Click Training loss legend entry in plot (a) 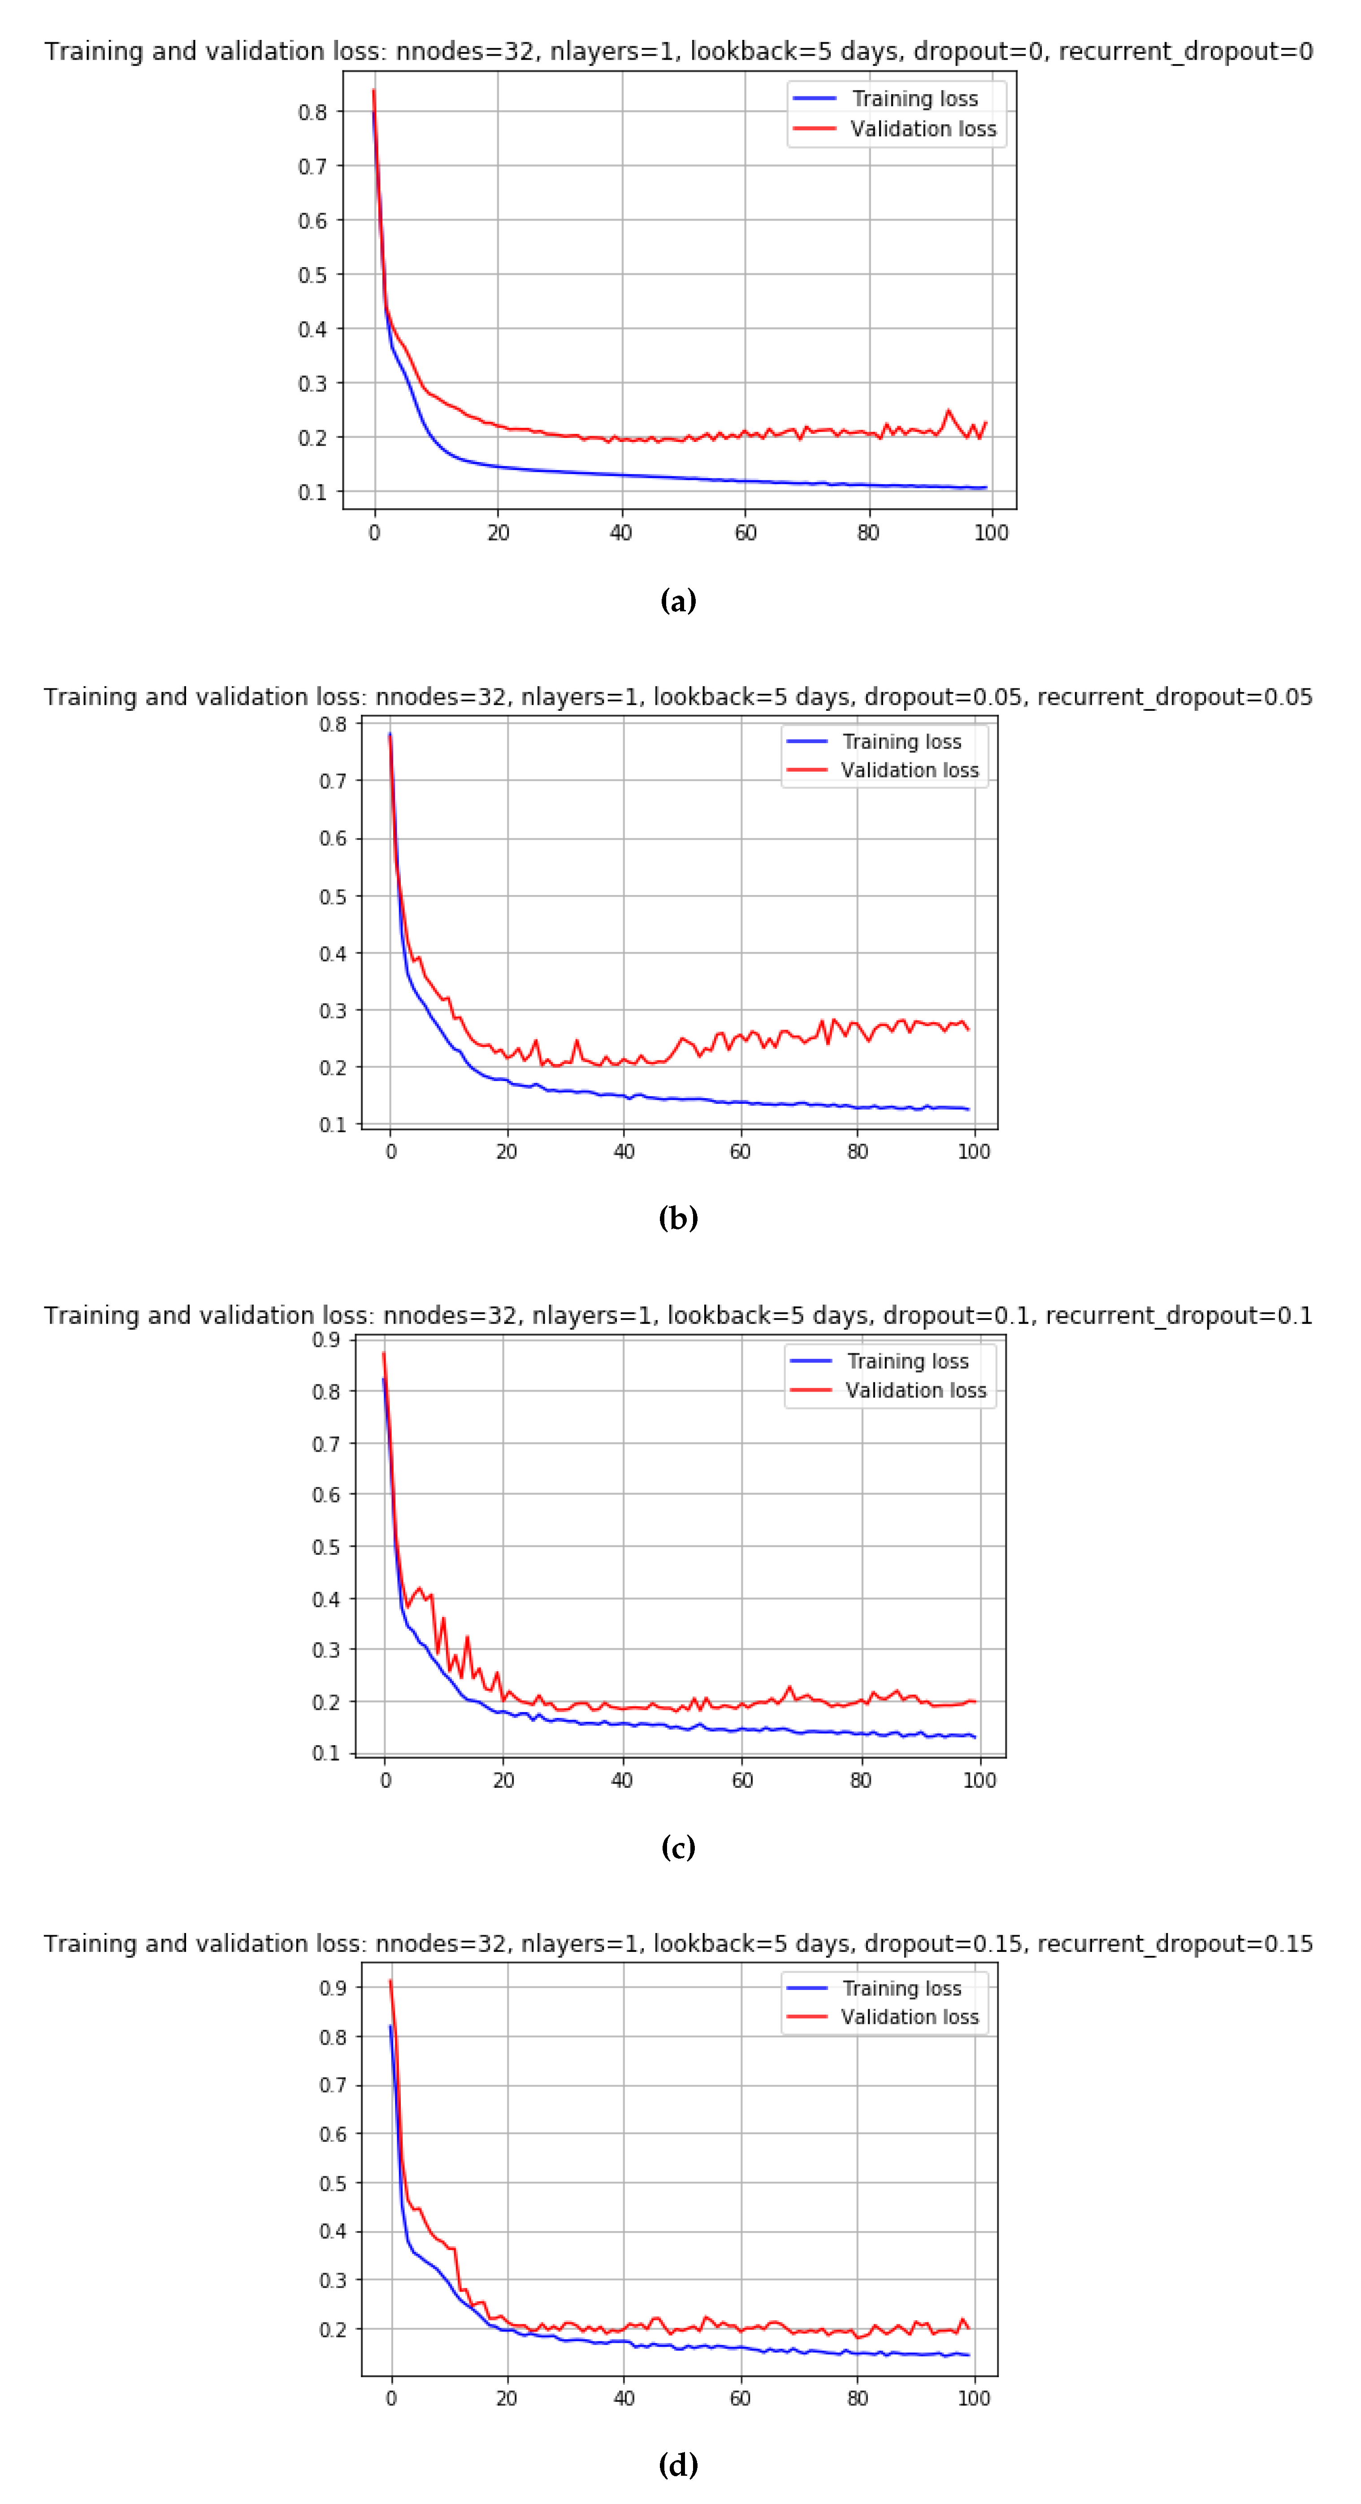pos(914,98)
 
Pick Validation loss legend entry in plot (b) pos(909,770)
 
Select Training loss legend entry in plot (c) pos(907,1361)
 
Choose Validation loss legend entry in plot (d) pos(909,2017)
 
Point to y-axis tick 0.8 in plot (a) pos(312,112)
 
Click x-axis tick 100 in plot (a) pos(991,533)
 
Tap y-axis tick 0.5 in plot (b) pos(333,896)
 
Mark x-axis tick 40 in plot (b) pos(623,1152)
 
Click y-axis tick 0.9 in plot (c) pos(325,1341)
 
